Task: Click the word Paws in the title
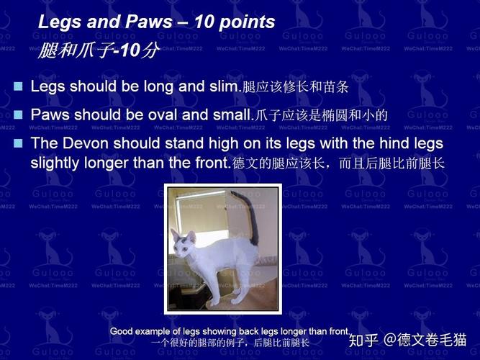[x=149, y=22]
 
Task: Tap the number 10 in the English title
[x=205, y=22]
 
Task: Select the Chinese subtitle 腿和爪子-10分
[x=99, y=50]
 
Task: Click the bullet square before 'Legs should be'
[x=19, y=86]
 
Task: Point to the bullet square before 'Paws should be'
[x=19, y=115]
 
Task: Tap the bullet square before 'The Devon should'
[x=19, y=143]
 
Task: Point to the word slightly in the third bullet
[x=55, y=163]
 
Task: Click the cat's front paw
[x=214, y=302]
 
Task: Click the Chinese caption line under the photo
[x=230, y=342]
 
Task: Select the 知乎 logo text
[x=363, y=340]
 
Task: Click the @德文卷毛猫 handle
[x=425, y=340]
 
